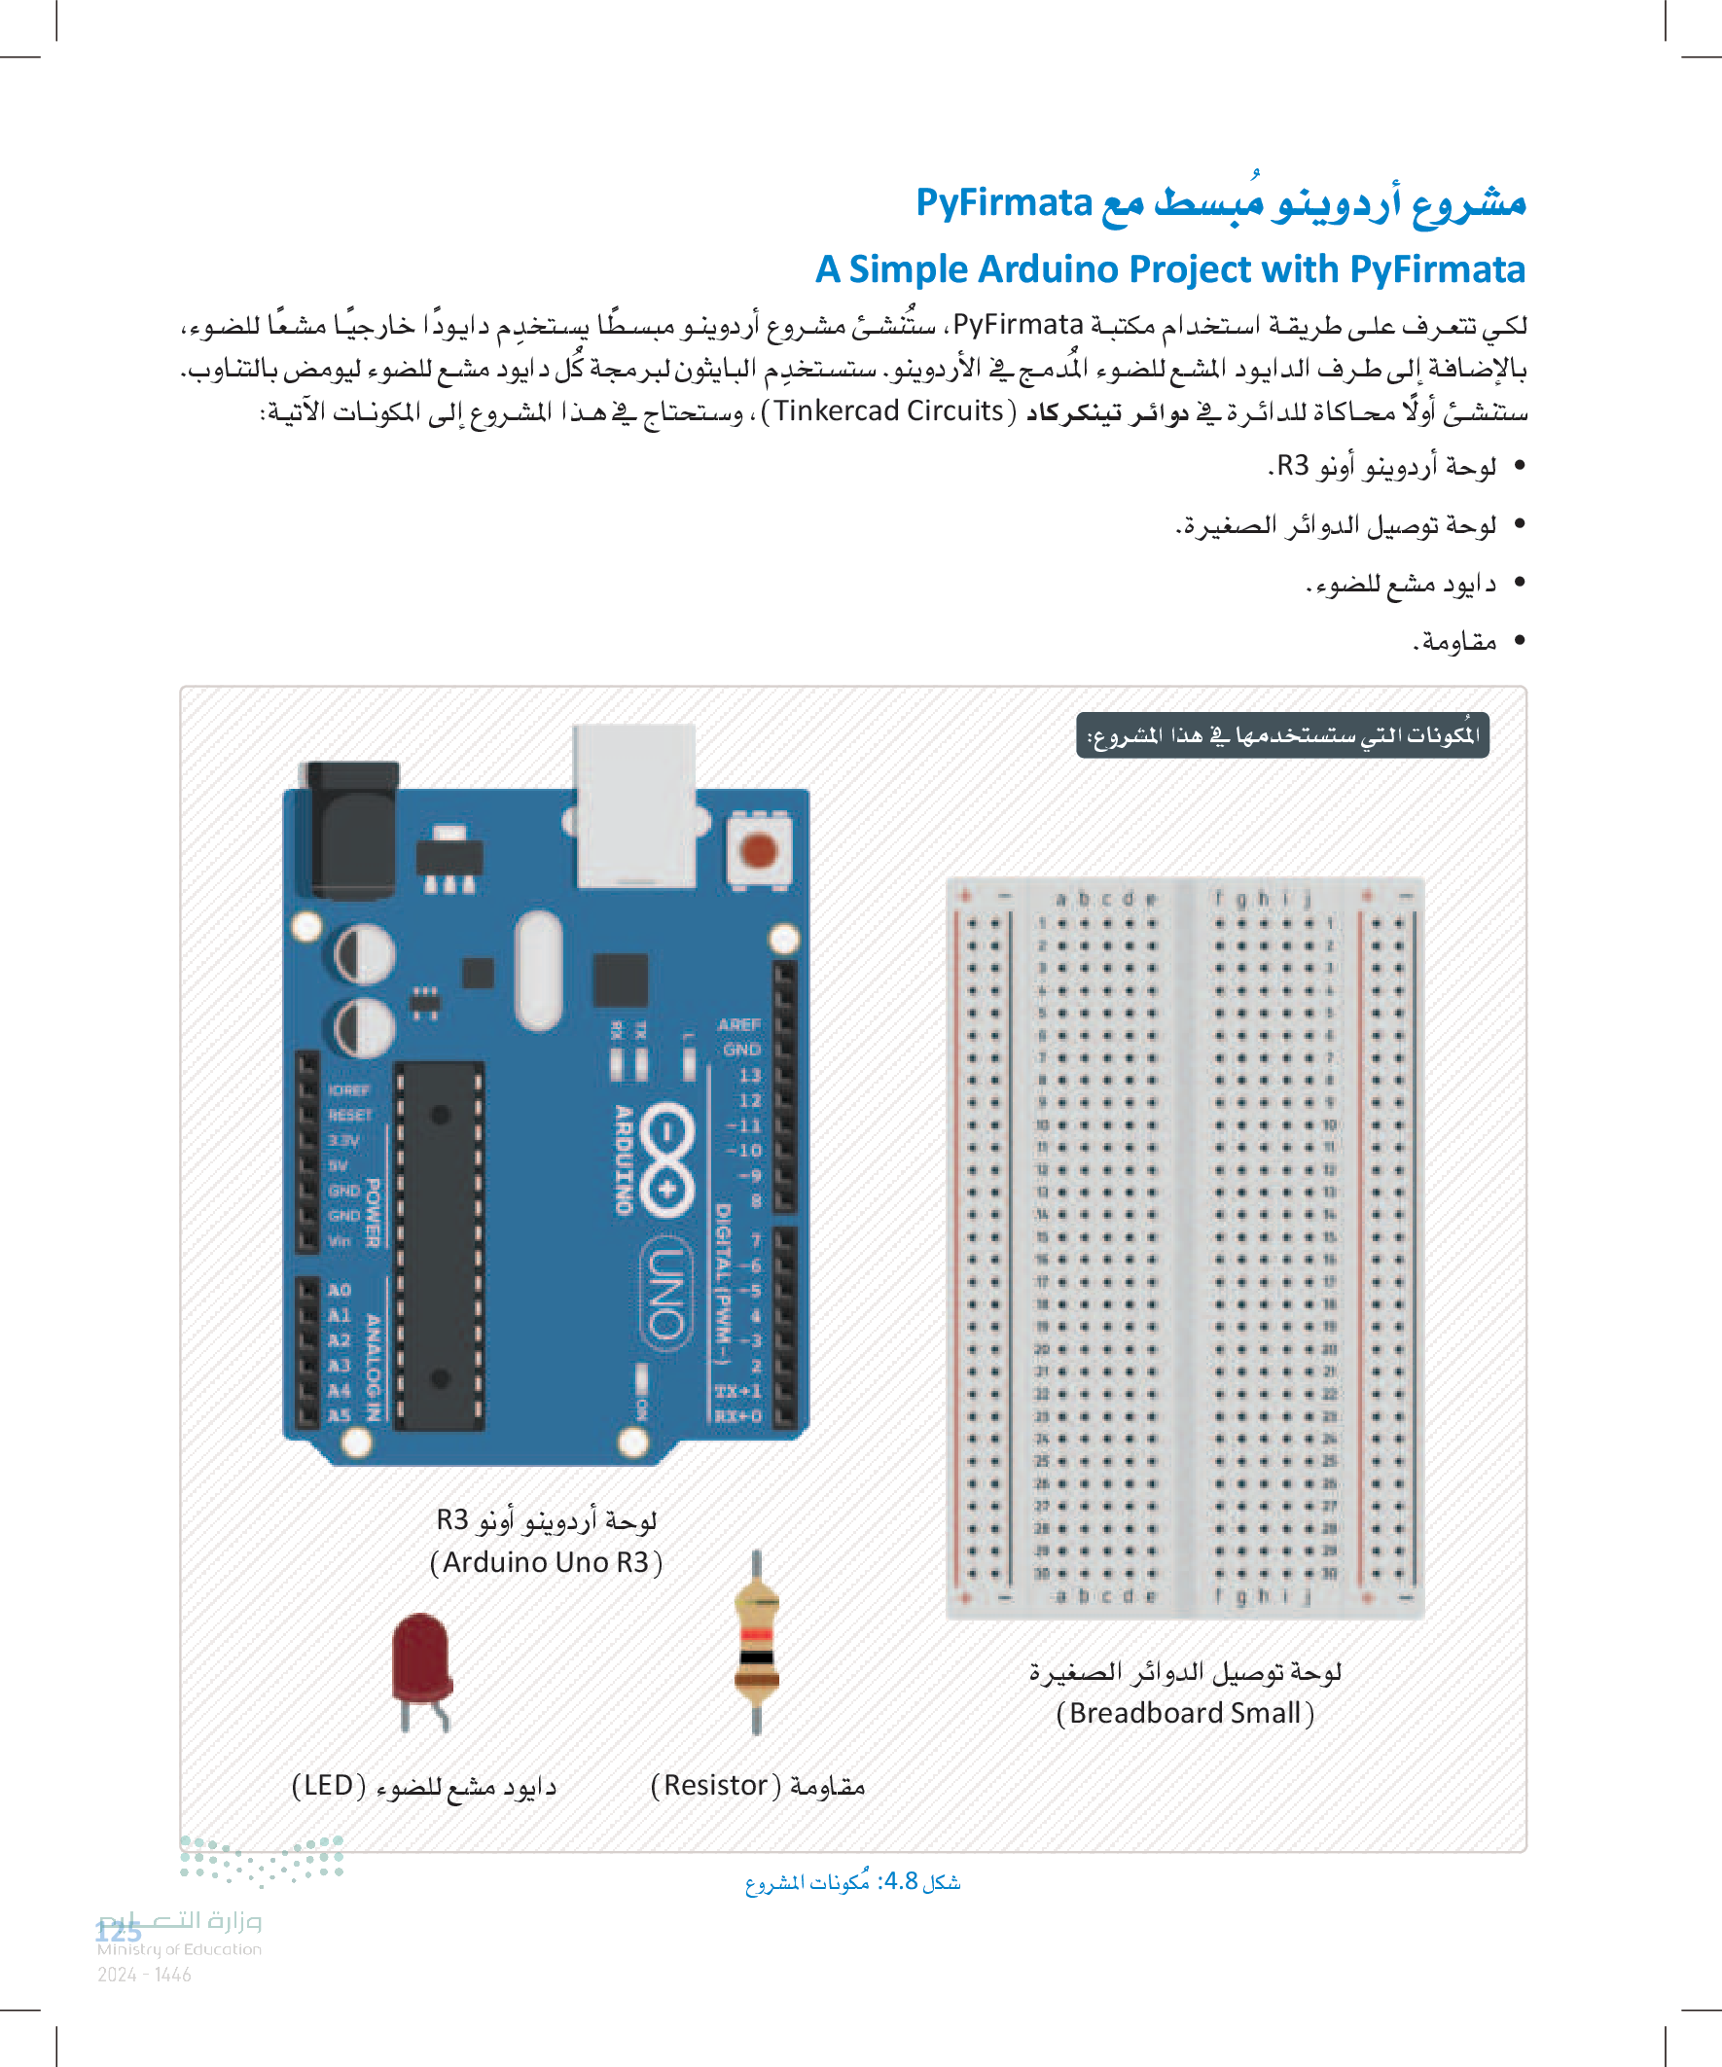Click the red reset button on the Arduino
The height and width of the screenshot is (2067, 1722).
click(758, 849)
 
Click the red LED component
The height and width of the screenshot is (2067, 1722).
click(421, 1657)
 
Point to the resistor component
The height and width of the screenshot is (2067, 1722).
click(756, 1642)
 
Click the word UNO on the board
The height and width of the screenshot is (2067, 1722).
click(666, 1293)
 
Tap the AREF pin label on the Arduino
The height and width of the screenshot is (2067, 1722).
click(738, 1024)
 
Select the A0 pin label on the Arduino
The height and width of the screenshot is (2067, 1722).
click(339, 1290)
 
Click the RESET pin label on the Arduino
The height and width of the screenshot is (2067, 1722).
click(349, 1115)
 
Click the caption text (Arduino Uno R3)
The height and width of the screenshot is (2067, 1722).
click(547, 1562)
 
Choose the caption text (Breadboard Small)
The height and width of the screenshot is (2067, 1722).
click(1184, 1714)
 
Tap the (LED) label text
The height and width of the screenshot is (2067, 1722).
click(328, 1786)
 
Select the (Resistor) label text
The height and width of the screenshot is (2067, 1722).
click(716, 1786)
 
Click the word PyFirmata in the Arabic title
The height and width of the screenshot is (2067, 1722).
click(1003, 202)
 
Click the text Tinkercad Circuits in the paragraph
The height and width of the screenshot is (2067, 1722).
click(888, 410)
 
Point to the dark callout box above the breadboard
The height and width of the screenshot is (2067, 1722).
click(1282, 735)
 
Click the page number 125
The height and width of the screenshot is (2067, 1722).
click(118, 1931)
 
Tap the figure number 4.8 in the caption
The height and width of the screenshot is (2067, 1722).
click(901, 1881)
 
